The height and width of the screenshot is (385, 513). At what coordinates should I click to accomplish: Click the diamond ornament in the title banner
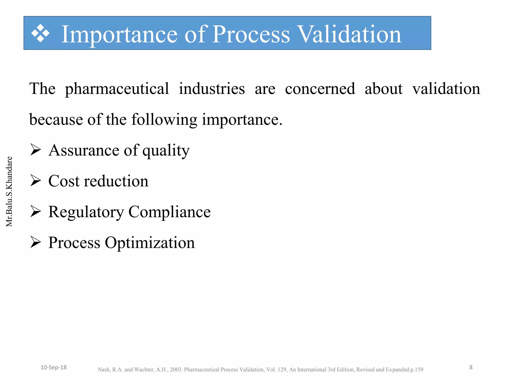tap(40, 33)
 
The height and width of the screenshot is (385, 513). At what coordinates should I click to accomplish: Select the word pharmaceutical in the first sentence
tap(117, 89)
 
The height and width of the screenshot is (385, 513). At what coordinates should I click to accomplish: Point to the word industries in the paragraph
tap(212, 89)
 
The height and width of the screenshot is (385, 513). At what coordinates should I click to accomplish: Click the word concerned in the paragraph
tap(320, 89)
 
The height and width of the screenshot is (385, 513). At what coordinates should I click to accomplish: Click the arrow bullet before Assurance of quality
tap(36, 150)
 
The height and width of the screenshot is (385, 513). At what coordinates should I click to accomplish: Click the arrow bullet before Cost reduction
tap(36, 181)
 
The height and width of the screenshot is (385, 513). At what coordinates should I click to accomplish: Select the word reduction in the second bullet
tap(116, 181)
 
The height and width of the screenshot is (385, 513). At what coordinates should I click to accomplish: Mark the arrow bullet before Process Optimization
tap(36, 242)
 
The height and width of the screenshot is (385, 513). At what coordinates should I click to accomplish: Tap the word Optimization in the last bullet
tap(150, 243)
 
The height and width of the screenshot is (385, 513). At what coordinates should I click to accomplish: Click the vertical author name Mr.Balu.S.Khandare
tap(9, 191)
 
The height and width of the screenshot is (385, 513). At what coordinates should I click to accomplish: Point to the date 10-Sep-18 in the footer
tap(54, 367)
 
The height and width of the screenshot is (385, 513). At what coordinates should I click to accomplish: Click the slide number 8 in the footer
tap(471, 367)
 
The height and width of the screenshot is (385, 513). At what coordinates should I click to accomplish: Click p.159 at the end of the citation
tap(416, 370)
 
